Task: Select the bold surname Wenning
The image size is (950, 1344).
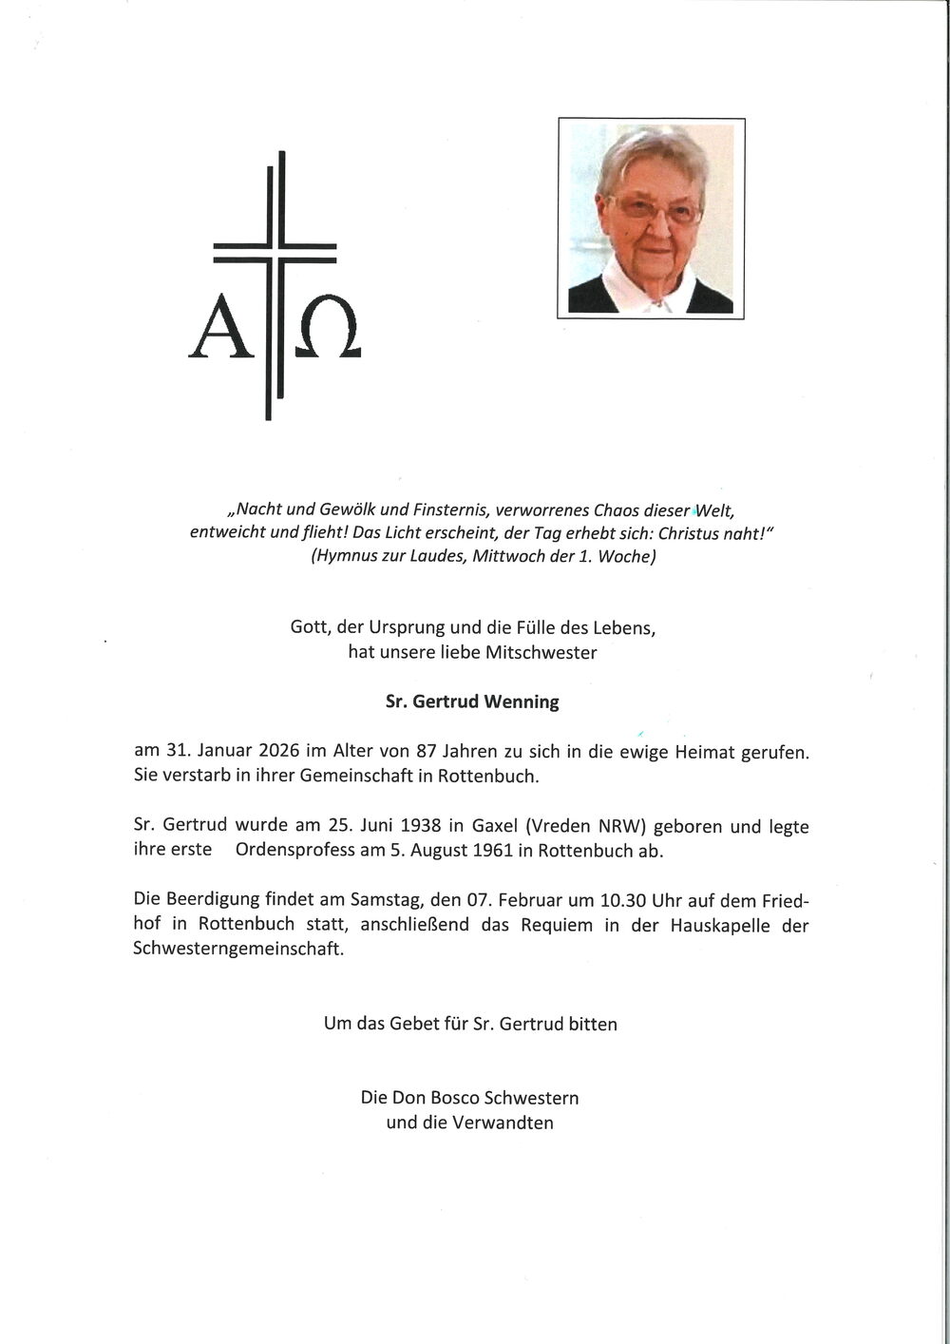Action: (522, 702)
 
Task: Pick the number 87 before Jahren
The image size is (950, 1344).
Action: (426, 751)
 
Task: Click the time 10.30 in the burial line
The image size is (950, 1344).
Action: (595, 899)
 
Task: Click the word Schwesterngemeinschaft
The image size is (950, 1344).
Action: (237, 949)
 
